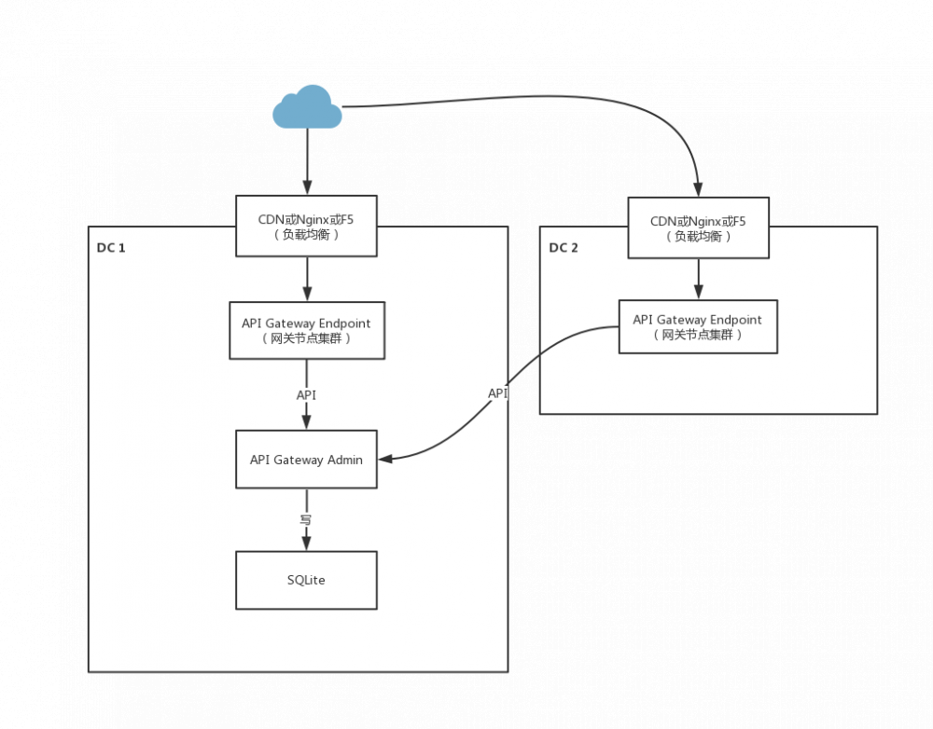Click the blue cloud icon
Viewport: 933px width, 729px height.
(307, 107)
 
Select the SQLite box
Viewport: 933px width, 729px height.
(306, 580)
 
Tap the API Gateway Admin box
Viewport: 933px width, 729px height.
(306, 460)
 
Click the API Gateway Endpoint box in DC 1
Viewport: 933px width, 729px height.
(306, 330)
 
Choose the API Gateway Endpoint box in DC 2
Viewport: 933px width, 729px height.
(698, 326)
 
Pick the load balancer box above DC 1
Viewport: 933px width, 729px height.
(306, 227)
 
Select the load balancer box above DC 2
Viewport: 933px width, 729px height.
(698, 228)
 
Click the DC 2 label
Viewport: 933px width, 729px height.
(564, 248)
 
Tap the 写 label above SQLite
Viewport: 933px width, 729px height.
(305, 519)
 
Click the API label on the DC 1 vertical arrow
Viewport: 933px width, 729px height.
(306, 395)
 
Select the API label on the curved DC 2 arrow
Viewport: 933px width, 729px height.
(498, 393)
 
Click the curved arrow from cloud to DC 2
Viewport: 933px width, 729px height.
(560, 97)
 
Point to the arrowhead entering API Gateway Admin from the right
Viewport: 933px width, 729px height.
(383, 458)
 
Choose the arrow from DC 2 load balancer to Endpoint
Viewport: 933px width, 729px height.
(698, 278)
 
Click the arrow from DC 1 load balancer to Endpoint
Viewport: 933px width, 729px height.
(306, 278)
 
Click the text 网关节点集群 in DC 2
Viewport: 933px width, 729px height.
(698, 335)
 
